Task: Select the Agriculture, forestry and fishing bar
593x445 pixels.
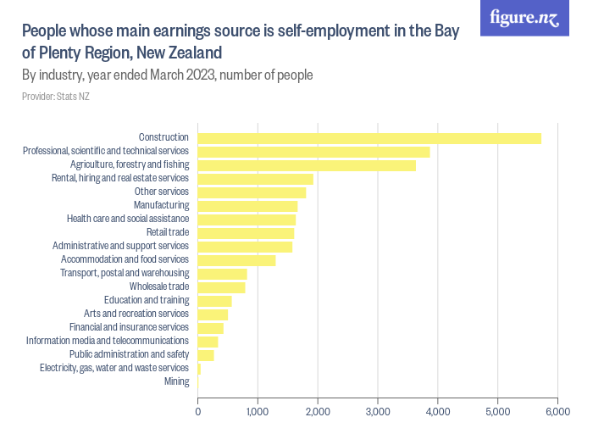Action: click(307, 165)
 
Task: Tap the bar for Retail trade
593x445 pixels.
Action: click(246, 233)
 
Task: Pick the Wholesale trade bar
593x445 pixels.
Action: click(221, 287)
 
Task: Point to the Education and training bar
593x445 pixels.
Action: click(214, 301)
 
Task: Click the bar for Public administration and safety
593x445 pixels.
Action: click(206, 355)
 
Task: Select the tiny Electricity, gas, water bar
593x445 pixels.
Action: click(199, 369)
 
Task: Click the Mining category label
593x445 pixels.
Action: click(176, 381)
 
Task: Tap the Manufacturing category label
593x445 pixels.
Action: click(161, 205)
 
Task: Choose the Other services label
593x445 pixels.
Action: click(161, 192)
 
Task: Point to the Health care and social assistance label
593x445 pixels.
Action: click(127, 219)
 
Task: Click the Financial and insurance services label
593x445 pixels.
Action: click(129, 327)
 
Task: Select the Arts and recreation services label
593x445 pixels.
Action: click(136, 314)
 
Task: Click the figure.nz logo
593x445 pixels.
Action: click(524, 18)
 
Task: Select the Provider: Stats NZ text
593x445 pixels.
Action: click(56, 97)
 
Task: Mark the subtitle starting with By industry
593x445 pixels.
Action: click(168, 75)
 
